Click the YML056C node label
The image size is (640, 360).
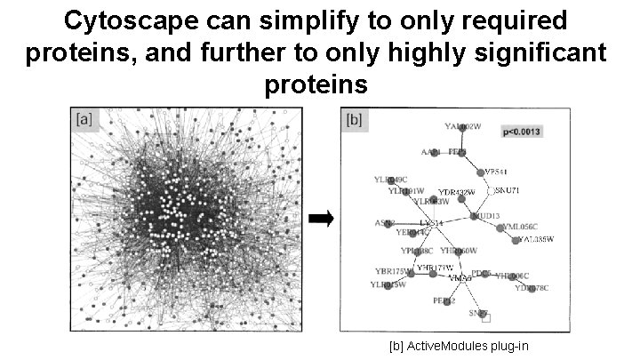[520, 228]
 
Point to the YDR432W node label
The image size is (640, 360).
[458, 192]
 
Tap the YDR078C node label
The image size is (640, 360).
[532, 288]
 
